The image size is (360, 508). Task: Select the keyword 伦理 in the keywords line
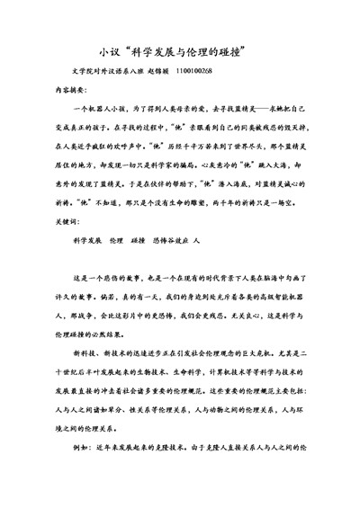point(116,242)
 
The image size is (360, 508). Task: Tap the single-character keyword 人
point(196,242)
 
